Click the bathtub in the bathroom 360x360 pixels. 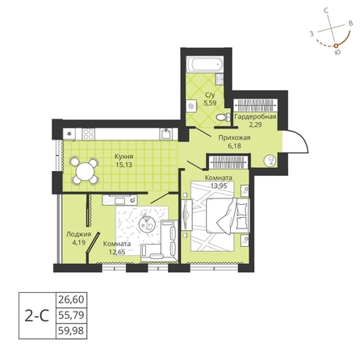point(205,65)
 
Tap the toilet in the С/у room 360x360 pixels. point(223,117)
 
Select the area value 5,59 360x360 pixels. point(210,103)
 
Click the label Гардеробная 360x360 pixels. point(255,116)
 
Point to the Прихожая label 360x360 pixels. point(234,138)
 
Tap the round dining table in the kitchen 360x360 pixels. point(85,170)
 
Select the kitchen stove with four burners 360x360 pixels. point(89,134)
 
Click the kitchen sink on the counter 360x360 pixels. point(166,134)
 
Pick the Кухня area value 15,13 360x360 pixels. point(123,165)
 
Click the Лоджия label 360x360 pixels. point(78,234)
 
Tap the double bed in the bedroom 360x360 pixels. point(228,216)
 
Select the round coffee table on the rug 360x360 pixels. point(147,224)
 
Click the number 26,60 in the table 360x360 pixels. point(71,299)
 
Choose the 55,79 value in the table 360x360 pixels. point(71,315)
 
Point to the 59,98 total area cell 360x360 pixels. point(71,330)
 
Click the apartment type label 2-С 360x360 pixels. point(37,316)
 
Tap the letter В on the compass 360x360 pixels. point(350,23)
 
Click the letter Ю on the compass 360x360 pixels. point(337,52)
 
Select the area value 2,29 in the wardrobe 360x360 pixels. point(256,125)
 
